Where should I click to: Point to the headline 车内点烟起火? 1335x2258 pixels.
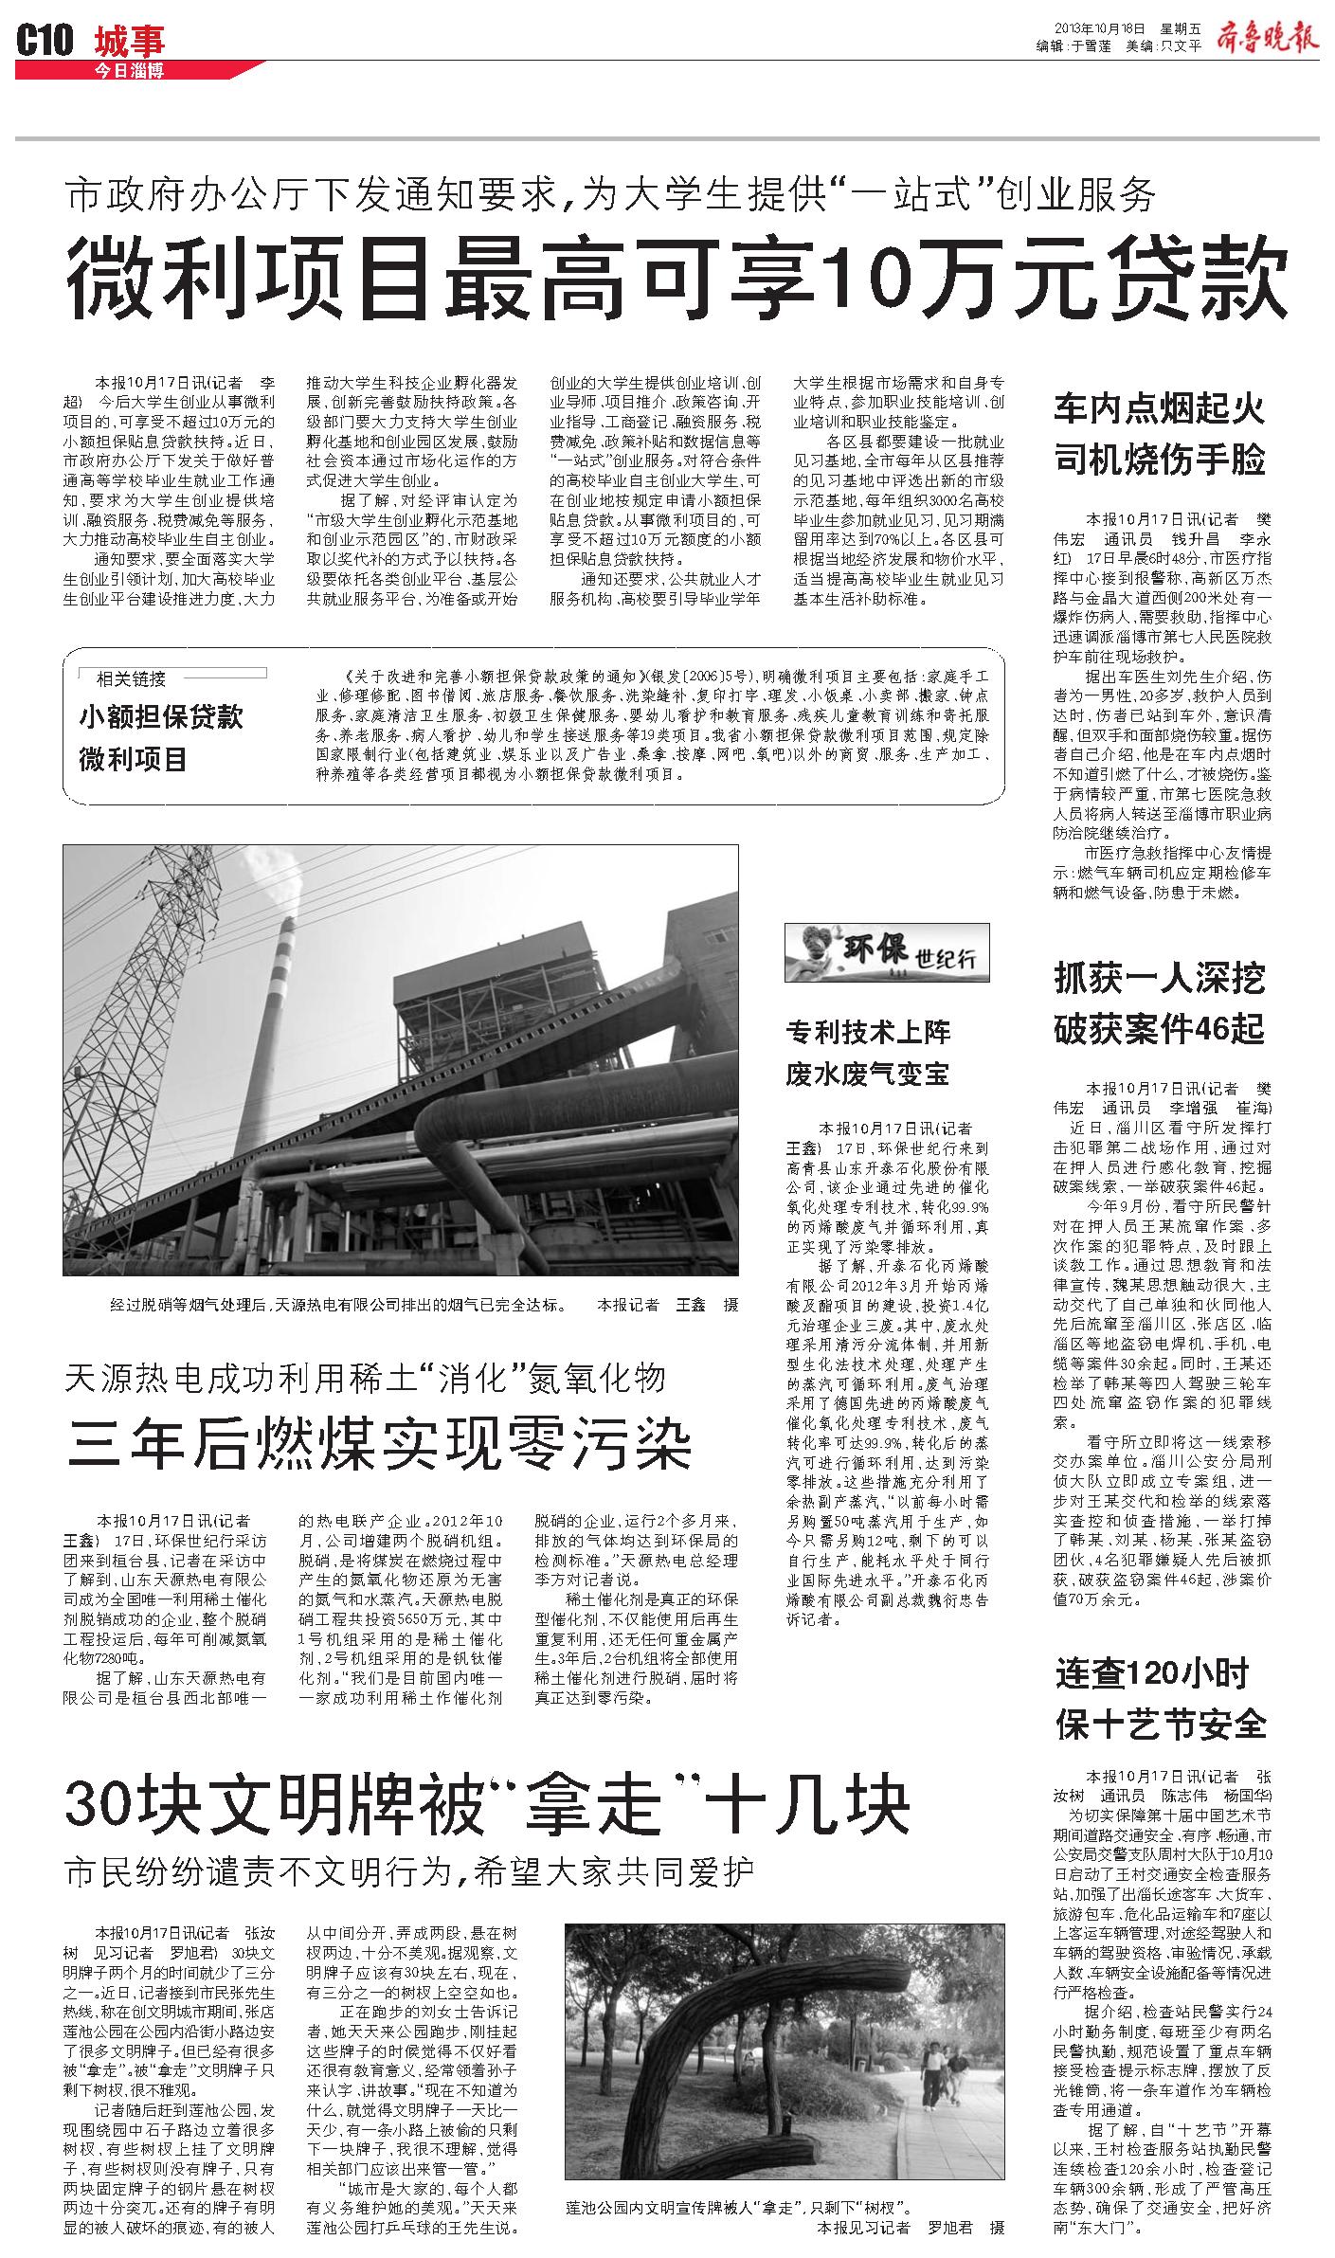[1159, 409]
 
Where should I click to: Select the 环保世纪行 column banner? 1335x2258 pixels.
[887, 951]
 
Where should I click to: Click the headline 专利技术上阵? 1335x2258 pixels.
[867, 1031]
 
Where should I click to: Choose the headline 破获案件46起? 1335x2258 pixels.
[1159, 1029]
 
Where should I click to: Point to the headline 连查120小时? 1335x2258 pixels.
[1152, 1672]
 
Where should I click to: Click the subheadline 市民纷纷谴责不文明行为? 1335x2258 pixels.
[409, 1871]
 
